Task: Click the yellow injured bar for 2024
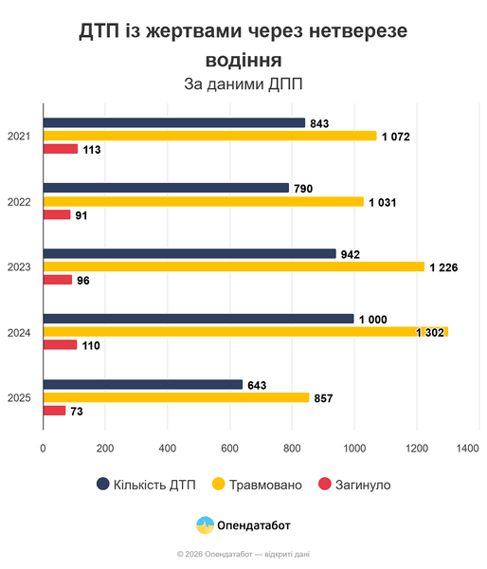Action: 245,332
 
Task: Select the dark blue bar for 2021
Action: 174,122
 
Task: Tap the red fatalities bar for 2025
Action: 55,411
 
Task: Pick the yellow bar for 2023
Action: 234,266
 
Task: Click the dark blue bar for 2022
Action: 166,188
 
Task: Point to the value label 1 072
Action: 395,137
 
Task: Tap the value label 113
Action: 91,150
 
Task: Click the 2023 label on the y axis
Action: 19,266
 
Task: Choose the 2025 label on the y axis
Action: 19,397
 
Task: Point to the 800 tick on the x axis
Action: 292,449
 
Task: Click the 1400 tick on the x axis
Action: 466,449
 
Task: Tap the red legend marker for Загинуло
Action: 324,485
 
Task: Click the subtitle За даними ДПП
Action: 243,84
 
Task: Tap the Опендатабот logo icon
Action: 204,524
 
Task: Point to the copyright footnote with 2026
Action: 243,553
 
